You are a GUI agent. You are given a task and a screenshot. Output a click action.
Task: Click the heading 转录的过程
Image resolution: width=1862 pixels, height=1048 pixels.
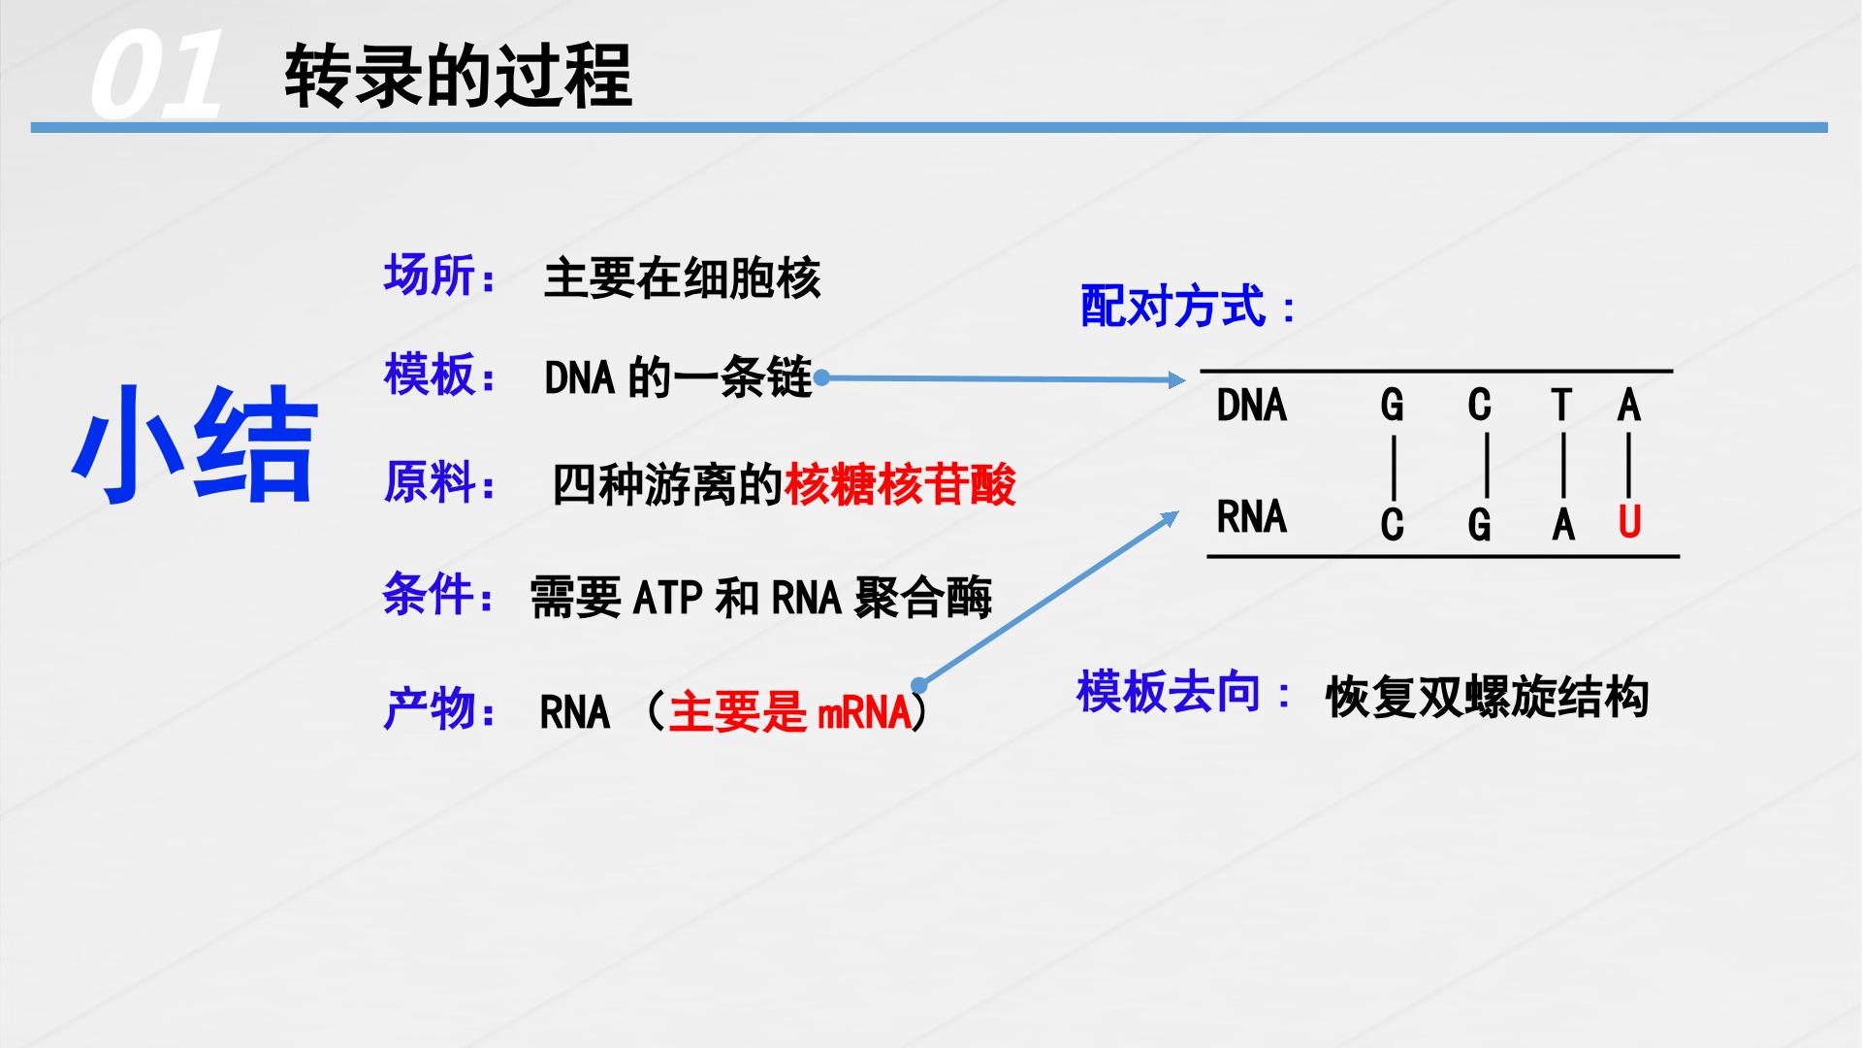pos(458,76)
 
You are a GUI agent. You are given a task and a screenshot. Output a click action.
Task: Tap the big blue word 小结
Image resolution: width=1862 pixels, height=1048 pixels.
pos(195,444)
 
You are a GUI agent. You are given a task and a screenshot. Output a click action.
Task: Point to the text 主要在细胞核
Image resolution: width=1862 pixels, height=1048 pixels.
pos(682,278)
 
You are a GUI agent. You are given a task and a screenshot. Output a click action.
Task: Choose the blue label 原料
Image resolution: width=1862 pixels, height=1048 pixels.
pos(429,481)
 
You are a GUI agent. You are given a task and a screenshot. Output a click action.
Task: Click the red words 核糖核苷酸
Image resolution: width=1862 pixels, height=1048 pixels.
pos(900,484)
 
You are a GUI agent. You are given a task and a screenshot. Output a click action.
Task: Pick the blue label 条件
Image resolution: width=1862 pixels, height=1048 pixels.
pos(429,594)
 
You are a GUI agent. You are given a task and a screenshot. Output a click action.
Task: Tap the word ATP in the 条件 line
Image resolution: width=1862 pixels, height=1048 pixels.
pos(668,597)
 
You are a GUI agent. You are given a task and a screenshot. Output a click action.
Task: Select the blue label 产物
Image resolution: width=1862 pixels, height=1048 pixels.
pos(429,709)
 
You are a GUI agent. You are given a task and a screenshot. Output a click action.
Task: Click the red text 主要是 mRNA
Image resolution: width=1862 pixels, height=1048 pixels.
pos(790,712)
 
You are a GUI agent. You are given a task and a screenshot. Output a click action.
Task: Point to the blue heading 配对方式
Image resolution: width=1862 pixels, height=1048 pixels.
pos(1173,307)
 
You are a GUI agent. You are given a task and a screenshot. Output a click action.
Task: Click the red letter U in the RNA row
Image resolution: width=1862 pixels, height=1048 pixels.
pos(1629,522)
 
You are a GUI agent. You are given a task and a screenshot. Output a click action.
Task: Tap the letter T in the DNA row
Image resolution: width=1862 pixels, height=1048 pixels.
pos(1561,404)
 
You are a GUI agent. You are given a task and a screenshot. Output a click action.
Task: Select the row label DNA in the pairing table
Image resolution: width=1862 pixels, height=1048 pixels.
pos(1252,405)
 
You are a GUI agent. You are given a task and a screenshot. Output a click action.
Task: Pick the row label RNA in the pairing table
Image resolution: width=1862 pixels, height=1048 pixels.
pos(1252,516)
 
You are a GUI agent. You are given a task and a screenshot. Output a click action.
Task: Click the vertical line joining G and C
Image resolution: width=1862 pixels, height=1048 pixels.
pos(1394,466)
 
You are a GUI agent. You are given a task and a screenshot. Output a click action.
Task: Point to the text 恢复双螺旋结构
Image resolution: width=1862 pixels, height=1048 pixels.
pos(1487,697)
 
